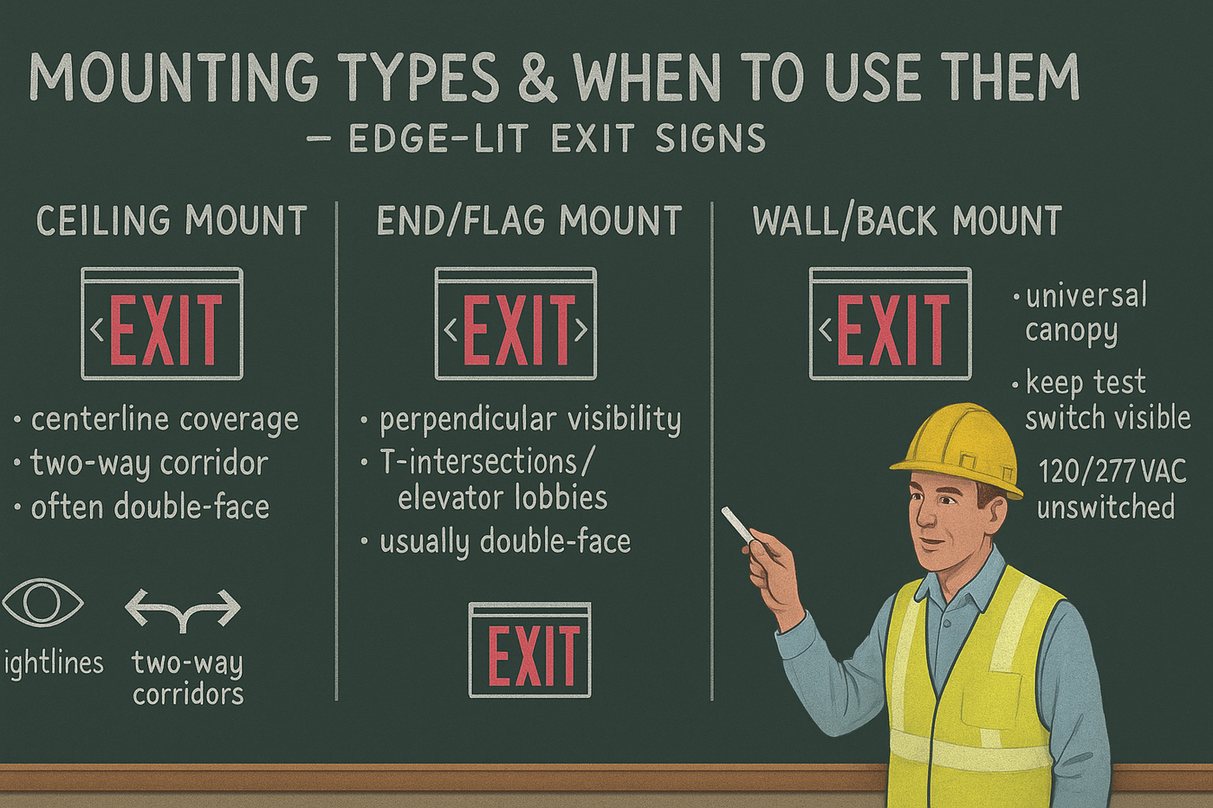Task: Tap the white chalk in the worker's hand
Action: (x=737, y=526)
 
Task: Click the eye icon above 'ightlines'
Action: (x=42, y=603)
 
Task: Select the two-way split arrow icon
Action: (x=183, y=610)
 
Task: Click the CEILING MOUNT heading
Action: (x=172, y=221)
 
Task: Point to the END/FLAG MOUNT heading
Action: (x=529, y=221)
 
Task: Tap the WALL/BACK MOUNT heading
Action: (x=907, y=221)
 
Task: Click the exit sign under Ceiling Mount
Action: (x=162, y=324)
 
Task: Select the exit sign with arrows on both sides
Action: (x=516, y=324)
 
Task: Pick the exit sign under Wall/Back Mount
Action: (x=890, y=324)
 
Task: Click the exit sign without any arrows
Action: (x=529, y=650)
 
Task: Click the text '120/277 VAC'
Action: (x=1112, y=472)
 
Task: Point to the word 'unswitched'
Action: (x=1106, y=507)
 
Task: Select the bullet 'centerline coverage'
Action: (x=165, y=420)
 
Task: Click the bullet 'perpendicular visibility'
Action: (x=530, y=420)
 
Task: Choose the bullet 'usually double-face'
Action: (x=504, y=542)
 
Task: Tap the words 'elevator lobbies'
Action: (x=503, y=498)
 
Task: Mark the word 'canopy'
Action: (x=1071, y=332)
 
